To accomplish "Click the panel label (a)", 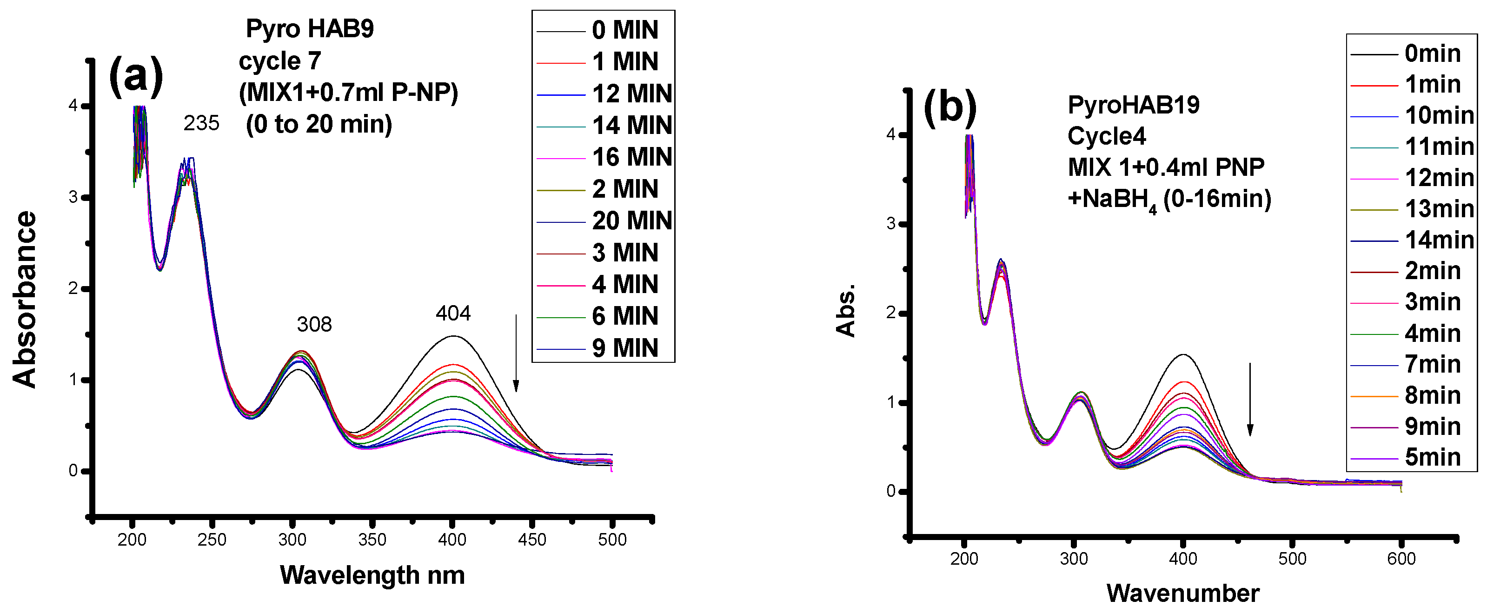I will (136, 76).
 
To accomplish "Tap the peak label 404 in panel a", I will (453, 314).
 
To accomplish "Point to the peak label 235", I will (201, 123).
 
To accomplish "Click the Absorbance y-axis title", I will (24, 299).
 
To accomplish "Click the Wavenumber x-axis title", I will (1183, 593).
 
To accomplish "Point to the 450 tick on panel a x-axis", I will (531, 540).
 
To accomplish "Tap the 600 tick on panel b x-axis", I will (1401, 559).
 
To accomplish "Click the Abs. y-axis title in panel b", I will (846, 311).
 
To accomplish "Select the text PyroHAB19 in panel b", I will (1133, 105).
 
